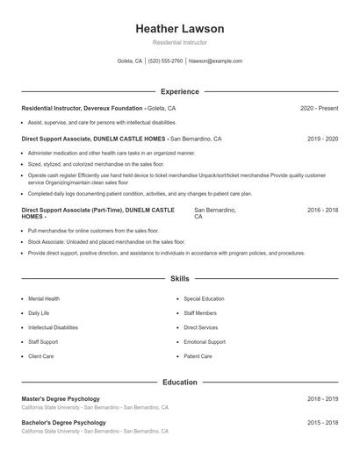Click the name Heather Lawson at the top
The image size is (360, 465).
pos(179,29)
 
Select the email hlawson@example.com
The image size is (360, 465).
pos(215,61)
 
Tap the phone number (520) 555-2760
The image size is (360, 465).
pos(165,61)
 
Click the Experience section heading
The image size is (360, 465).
pos(179,91)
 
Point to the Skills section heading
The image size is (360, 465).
pos(179,278)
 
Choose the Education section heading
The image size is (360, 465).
pos(179,383)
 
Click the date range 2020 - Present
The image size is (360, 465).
pos(319,108)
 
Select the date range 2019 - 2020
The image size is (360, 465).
pos(322,139)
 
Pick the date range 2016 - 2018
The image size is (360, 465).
pos(322,211)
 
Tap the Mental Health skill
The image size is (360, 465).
pos(44,298)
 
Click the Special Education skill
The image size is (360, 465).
pos(204,298)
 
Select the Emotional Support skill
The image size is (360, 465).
pos(205,342)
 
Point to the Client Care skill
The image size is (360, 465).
pos(40,356)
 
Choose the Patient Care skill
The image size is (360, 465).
pos(198,356)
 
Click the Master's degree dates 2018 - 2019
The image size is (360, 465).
pos(322,399)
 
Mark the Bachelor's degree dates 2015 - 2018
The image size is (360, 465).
pos(322,423)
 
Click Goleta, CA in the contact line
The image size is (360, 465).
pos(129,61)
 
